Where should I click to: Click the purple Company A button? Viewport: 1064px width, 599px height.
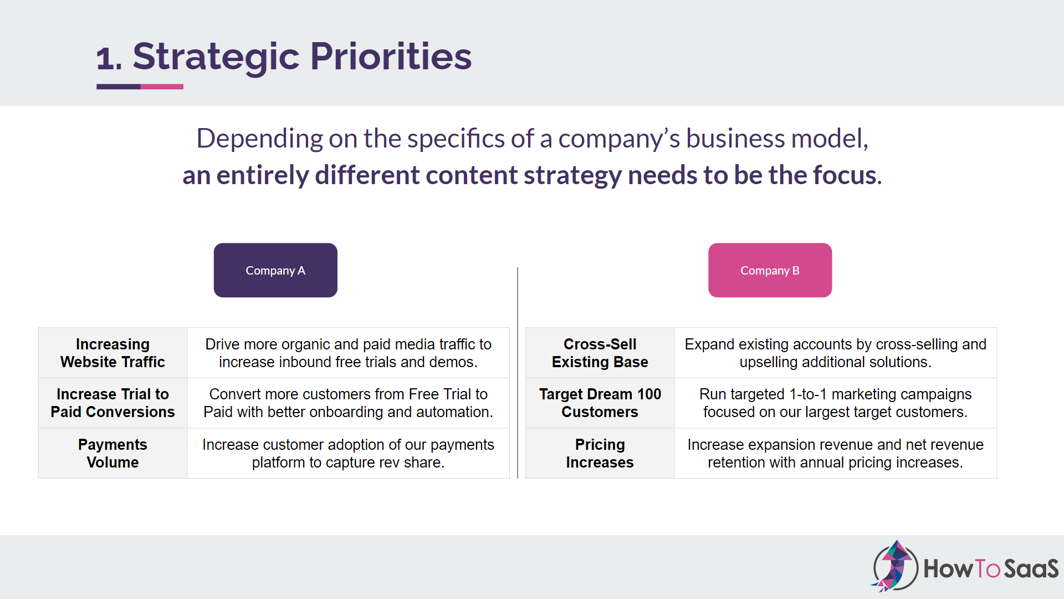(x=275, y=270)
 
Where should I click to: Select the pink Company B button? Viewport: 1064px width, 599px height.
(x=770, y=270)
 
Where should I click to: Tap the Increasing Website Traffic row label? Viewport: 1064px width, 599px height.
(x=112, y=353)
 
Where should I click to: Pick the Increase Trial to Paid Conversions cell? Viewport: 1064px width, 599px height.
(x=112, y=403)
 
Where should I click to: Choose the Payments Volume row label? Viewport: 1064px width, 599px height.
(x=112, y=453)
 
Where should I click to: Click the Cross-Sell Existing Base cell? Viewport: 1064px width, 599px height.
(x=600, y=353)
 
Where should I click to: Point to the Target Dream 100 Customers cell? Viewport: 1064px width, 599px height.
(x=600, y=403)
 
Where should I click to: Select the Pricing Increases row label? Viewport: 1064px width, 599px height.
(x=600, y=453)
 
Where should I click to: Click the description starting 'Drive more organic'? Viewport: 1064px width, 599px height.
(x=348, y=353)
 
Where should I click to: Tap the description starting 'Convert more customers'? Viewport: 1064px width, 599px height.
(x=348, y=403)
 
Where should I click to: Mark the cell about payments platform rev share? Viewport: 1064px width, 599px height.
(x=348, y=453)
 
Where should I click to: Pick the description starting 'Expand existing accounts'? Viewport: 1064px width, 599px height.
(x=835, y=353)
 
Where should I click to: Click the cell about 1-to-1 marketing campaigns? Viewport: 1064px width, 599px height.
(x=835, y=403)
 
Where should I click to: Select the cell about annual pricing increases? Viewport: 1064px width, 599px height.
(x=835, y=453)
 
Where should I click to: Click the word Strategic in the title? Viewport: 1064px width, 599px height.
(x=216, y=57)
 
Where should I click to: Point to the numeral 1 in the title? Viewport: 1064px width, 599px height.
(x=105, y=59)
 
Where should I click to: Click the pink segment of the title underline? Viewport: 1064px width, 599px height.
(x=162, y=87)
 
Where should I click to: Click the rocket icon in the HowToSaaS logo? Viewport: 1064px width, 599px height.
(x=894, y=566)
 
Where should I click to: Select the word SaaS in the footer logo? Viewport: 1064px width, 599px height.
(x=1031, y=568)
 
